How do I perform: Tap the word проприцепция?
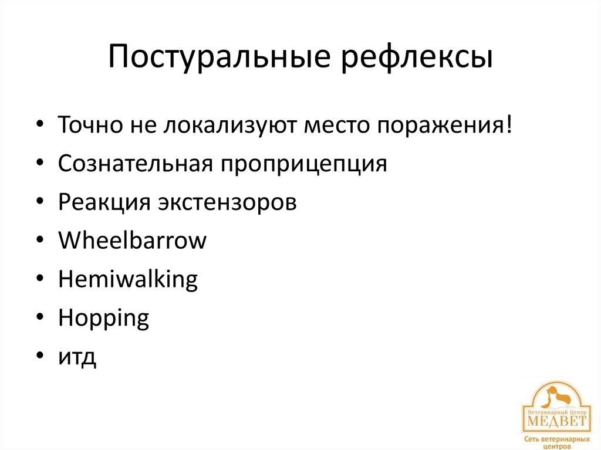point(303,164)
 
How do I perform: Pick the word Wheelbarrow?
point(133,240)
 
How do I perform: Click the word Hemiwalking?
point(128,279)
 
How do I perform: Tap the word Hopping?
point(104,319)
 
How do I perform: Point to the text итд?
point(77,356)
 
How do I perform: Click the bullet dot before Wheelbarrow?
point(39,241)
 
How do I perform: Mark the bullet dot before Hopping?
point(39,318)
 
